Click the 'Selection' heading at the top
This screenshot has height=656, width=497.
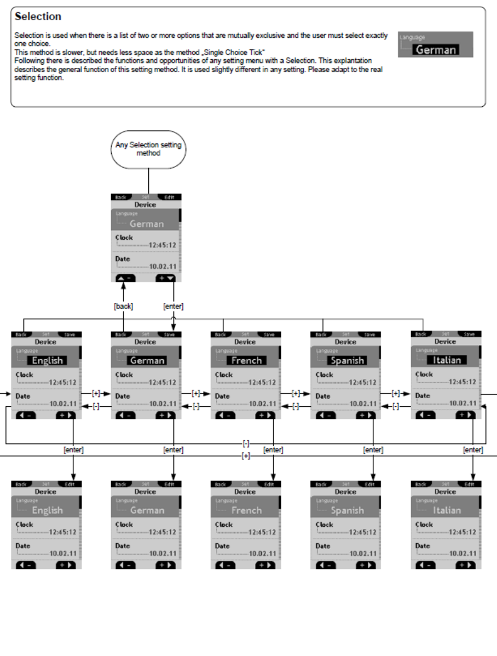point(38,16)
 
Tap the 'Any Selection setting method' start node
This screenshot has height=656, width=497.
point(148,149)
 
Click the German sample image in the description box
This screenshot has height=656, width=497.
point(435,45)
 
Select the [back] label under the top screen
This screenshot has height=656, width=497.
point(123,307)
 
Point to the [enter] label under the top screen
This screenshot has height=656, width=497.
point(173,307)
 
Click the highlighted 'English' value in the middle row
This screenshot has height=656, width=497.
point(48,360)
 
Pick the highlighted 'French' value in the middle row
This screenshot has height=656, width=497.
point(246,360)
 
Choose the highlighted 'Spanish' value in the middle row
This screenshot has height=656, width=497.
point(347,360)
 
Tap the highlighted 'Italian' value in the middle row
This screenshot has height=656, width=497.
point(447,360)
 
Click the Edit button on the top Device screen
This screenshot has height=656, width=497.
point(169,197)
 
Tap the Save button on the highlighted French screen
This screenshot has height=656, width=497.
point(269,334)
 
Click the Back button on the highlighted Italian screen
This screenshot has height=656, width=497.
point(420,334)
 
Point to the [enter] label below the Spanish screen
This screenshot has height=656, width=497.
point(373,450)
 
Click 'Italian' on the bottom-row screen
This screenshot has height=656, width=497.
point(447,510)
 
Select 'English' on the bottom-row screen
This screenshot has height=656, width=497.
point(47,510)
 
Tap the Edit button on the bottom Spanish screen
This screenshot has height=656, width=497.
point(369,484)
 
